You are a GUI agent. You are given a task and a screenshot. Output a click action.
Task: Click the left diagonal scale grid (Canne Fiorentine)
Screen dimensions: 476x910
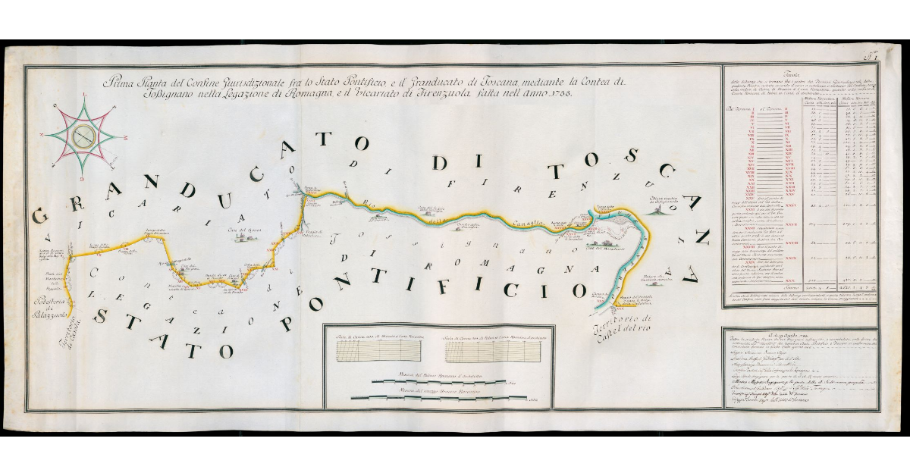[x=376, y=350]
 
